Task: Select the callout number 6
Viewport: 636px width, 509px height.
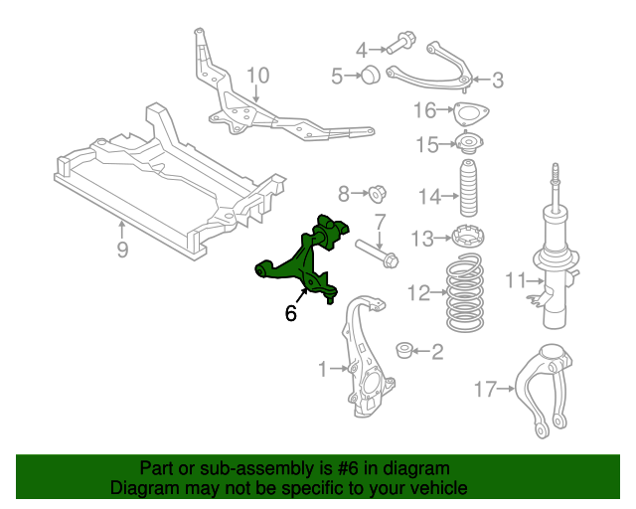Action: pyautogui.click(x=290, y=313)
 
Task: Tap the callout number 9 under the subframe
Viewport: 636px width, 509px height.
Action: pyautogui.click(x=122, y=250)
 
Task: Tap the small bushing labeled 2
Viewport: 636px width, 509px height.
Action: pyautogui.click(x=403, y=351)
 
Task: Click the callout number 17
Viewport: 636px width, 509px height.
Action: pyautogui.click(x=484, y=389)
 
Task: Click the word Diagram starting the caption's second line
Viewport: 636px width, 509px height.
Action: pyautogui.click(x=142, y=488)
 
